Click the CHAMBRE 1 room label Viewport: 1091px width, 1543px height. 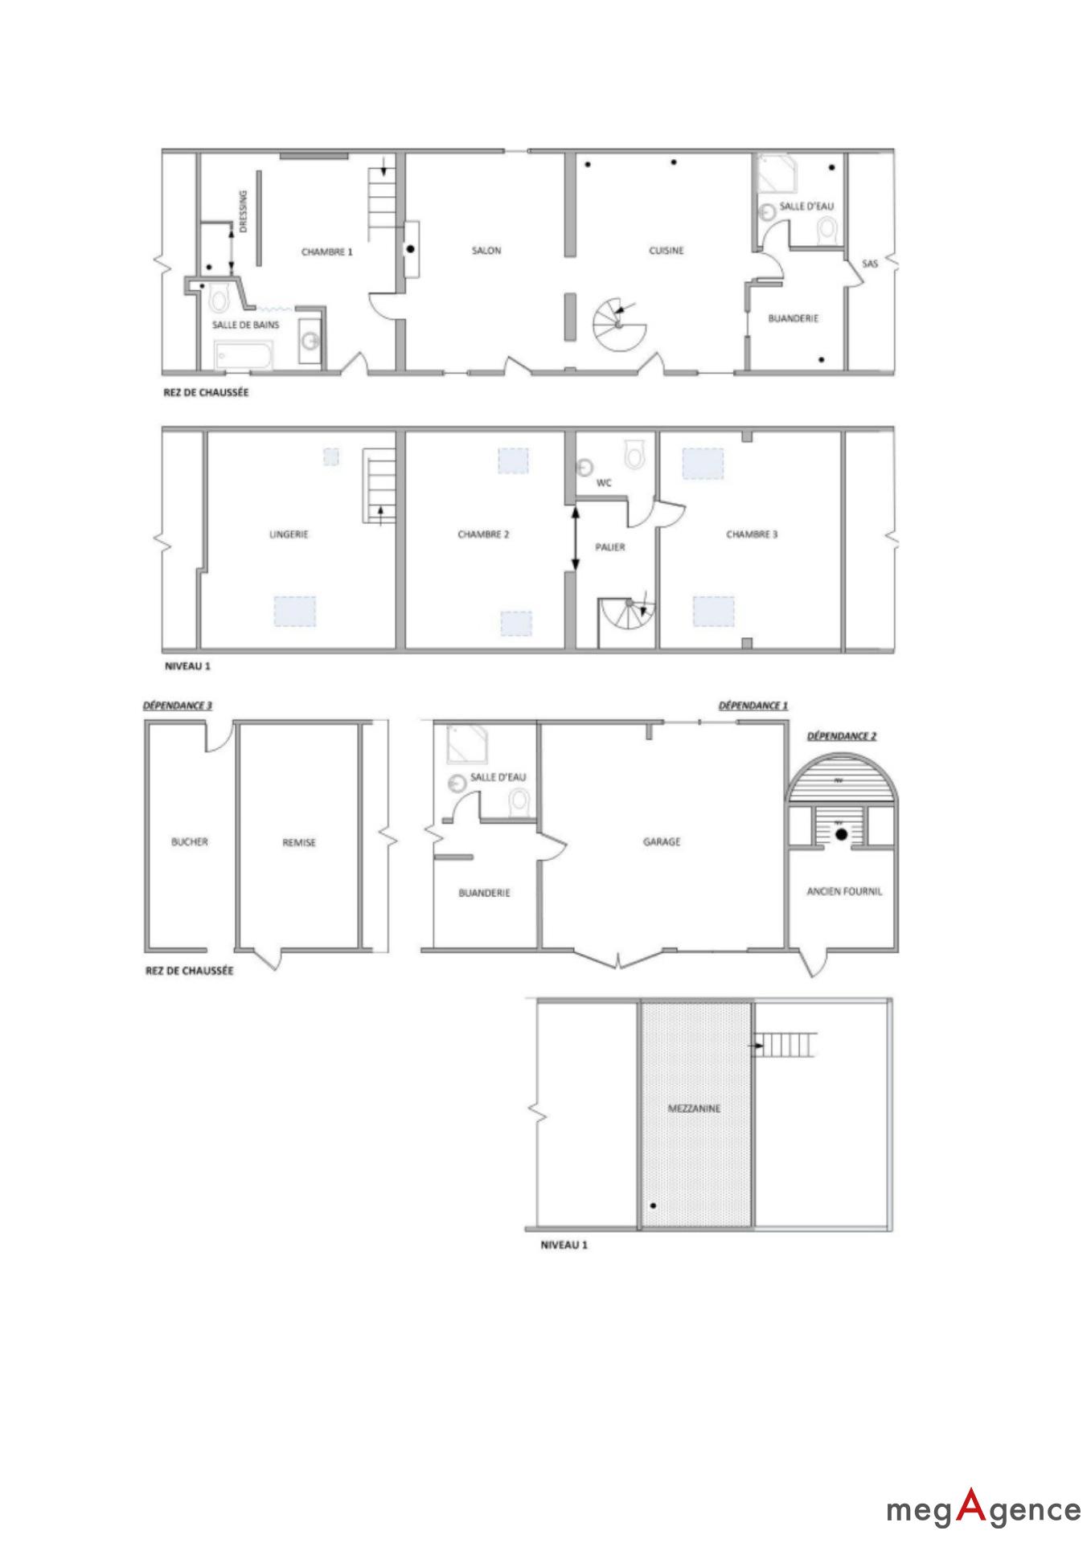pos(327,252)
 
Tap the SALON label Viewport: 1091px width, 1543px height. pos(486,251)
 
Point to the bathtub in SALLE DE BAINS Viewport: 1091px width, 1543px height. pos(244,355)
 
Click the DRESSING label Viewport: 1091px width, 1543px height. pos(244,211)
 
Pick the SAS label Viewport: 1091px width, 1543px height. pos(870,263)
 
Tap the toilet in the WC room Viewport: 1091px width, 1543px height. pos(636,455)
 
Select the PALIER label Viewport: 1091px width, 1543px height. pos(610,547)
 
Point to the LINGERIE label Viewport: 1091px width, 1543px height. pos(289,534)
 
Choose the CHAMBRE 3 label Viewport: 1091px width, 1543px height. pos(752,534)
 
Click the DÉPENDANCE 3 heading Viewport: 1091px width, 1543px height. pos(178,706)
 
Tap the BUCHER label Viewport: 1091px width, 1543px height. pos(190,842)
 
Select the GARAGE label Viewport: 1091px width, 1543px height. pos(662,842)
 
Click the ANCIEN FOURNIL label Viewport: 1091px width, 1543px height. pos(844,891)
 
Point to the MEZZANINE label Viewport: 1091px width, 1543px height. pos(695,1108)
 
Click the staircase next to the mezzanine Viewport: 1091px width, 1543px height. pos(787,1045)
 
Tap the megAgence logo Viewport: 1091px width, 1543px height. pos(984,1508)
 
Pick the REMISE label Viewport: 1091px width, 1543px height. pos(299,843)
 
